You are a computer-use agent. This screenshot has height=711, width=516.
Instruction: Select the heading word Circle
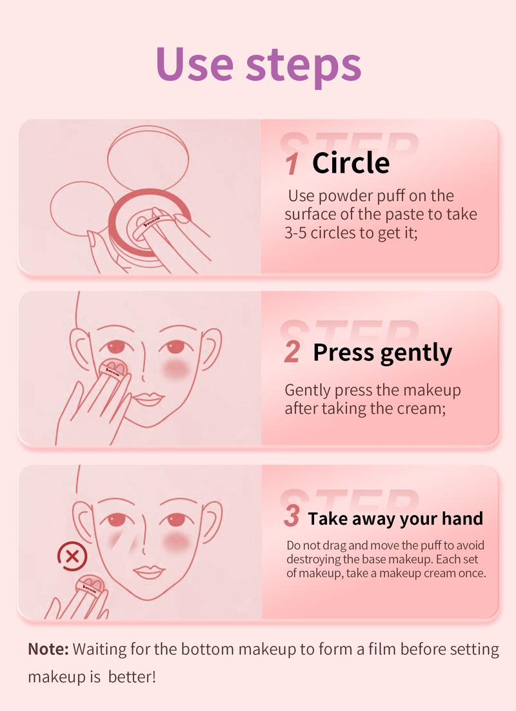point(351,163)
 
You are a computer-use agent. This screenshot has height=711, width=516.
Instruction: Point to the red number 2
point(292,353)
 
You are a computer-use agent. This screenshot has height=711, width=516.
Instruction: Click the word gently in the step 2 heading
point(416,354)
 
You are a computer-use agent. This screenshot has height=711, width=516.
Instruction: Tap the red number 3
point(292,517)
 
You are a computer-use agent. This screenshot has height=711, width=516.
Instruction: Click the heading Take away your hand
point(395,518)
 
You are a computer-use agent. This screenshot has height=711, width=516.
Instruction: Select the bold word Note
point(48,649)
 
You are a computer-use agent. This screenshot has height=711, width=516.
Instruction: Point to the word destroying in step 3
point(315,560)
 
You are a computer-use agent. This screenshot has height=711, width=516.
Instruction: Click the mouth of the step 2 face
point(148,398)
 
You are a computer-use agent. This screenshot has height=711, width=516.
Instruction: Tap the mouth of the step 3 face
point(148,572)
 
